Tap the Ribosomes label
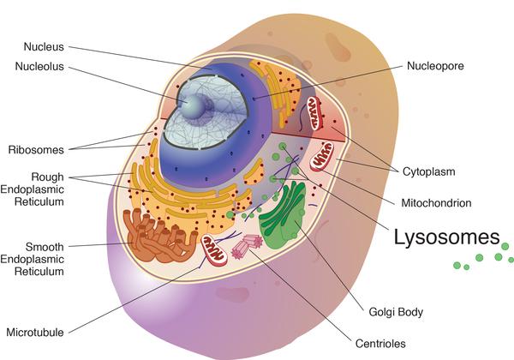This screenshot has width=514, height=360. point(36,150)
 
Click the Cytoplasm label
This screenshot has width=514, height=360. point(427,171)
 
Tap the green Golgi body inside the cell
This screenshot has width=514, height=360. point(287,219)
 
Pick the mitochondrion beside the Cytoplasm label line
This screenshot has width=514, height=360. point(323,156)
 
